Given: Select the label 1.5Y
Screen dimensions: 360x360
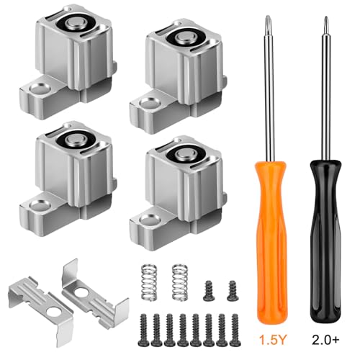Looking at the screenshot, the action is (x=273, y=339).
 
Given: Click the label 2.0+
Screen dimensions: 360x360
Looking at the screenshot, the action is (x=325, y=339).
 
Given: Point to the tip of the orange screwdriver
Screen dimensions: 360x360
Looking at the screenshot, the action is (x=267, y=17).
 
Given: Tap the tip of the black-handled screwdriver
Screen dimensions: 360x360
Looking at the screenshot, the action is (x=326, y=17).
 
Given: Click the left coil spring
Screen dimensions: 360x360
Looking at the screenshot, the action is (x=149, y=282).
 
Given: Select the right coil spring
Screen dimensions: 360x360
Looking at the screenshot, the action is (x=180, y=282).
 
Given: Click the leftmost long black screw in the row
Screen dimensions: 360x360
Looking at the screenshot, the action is (x=144, y=330).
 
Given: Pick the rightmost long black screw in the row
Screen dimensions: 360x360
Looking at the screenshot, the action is (x=235, y=330).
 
